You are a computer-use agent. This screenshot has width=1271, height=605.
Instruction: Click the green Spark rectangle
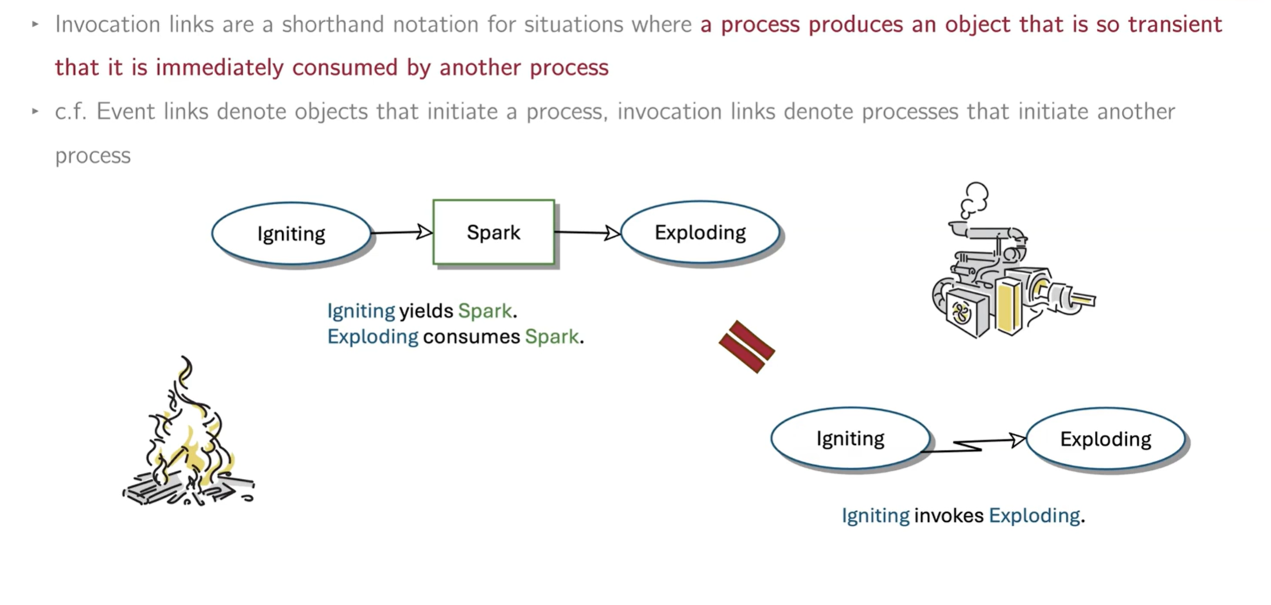pos(493,232)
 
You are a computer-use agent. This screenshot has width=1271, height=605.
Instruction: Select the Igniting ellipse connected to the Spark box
pos(291,234)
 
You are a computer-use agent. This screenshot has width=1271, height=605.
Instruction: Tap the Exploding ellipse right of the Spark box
pos(700,232)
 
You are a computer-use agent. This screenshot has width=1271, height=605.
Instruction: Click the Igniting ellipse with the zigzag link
pos(850,439)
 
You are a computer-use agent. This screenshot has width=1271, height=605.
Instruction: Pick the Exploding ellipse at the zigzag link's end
pos(1105,439)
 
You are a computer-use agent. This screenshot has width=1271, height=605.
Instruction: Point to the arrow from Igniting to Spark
pos(401,232)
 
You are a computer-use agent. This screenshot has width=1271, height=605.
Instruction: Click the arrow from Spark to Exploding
pos(587,232)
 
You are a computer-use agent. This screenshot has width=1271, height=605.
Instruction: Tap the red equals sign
pos(747,347)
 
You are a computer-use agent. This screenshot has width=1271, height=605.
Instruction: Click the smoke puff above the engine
pos(974,198)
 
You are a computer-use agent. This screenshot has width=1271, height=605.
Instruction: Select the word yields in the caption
pos(426,310)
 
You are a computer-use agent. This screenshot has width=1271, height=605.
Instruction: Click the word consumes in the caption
pos(471,337)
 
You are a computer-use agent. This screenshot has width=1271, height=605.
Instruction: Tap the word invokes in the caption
pos(948,516)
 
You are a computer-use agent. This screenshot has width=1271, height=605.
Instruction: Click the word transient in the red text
pos(1175,24)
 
